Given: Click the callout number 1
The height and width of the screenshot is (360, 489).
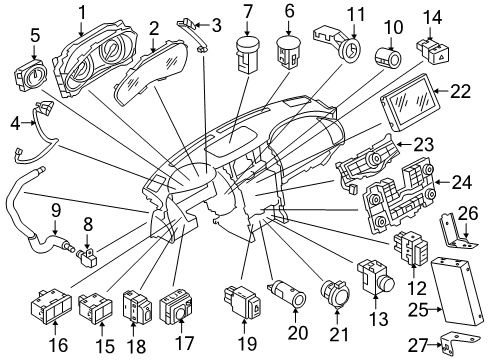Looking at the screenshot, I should (83, 12).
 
